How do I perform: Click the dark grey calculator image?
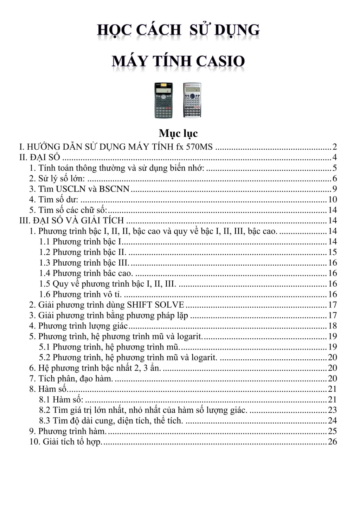click(x=163, y=100)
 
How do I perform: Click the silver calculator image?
click(x=192, y=100)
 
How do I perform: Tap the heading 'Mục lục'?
click(x=178, y=133)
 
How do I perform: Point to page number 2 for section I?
click(x=334, y=147)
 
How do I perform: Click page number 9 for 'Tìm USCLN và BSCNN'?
click(x=334, y=189)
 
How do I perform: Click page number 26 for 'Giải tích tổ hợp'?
click(x=332, y=442)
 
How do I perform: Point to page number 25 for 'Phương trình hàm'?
click(x=332, y=431)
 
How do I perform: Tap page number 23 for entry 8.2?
click(x=332, y=410)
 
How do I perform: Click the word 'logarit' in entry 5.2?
click(x=203, y=358)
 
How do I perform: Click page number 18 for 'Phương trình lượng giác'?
click(x=332, y=326)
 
